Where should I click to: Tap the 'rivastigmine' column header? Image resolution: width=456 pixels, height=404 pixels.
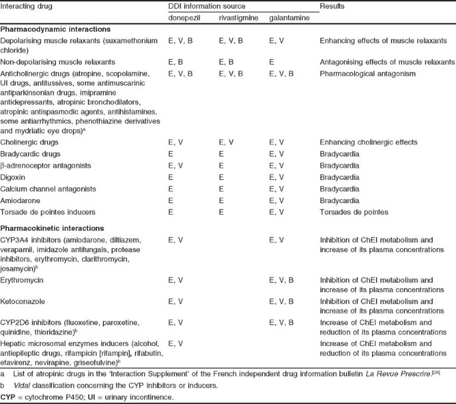point(236,18)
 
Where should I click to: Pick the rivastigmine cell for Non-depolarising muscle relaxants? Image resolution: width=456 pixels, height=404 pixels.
point(226,61)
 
